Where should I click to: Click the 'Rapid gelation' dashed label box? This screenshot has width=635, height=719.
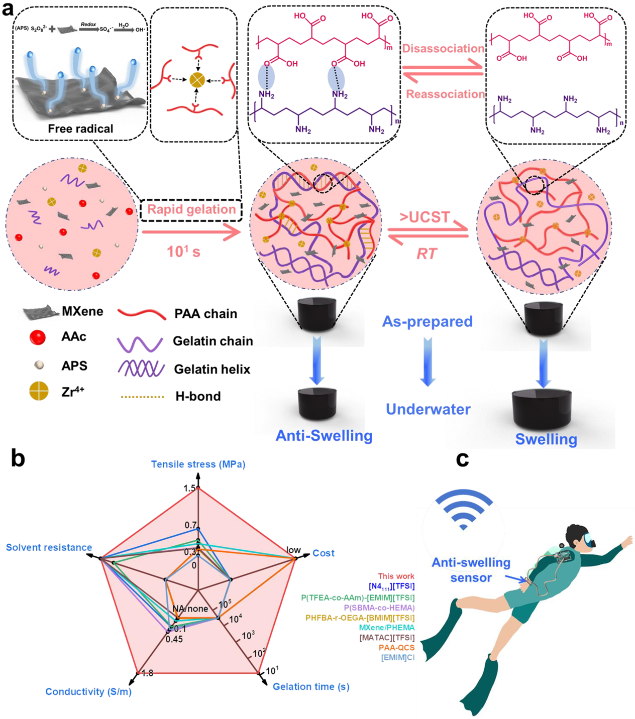click(x=191, y=210)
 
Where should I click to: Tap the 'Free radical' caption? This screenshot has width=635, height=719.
click(x=80, y=129)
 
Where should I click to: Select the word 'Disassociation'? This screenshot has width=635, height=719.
click(x=443, y=49)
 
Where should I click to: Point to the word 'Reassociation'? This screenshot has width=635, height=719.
click(x=445, y=94)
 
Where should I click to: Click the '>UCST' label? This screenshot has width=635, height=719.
click(x=425, y=217)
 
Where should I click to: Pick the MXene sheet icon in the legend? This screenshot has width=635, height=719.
click(x=40, y=312)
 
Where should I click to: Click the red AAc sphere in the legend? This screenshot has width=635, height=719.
click(x=38, y=338)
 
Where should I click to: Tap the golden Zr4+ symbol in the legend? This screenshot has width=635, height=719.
click(x=39, y=391)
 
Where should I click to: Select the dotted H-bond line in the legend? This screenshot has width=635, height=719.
click(x=143, y=397)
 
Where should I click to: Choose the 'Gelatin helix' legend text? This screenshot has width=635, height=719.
click(x=212, y=370)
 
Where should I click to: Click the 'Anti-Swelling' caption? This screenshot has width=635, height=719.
click(x=324, y=435)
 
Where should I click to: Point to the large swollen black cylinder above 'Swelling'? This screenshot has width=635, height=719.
click(x=543, y=409)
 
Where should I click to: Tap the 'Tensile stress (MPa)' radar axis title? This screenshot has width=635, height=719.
click(x=198, y=464)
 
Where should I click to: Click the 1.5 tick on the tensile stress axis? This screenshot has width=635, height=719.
click(x=189, y=488)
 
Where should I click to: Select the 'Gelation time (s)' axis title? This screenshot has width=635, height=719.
click(x=311, y=686)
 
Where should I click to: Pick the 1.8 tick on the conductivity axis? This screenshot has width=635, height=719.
click(x=147, y=673)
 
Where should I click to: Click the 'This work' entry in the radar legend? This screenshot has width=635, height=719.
click(x=396, y=576)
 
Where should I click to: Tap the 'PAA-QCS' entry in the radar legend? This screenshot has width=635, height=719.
click(x=396, y=648)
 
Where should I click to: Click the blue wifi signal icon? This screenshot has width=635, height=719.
click(x=463, y=510)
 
